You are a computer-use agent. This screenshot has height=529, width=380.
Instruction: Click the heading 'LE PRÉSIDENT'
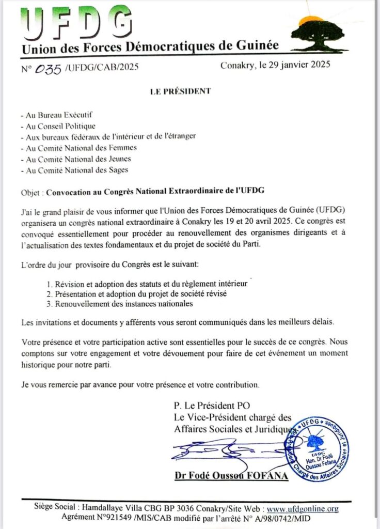click(180, 91)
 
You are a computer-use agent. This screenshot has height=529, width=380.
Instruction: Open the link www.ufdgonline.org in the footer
click(303, 509)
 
